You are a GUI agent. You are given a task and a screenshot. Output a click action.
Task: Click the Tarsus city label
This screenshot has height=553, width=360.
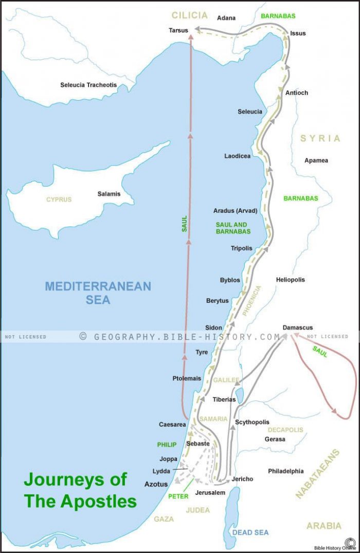[178, 31]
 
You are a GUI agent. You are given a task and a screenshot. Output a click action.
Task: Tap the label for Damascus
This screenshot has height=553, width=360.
[297, 327]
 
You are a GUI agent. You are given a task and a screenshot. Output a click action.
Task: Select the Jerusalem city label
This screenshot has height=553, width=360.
[210, 492]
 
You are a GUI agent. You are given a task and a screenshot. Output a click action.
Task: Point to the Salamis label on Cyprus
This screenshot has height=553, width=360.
[109, 194]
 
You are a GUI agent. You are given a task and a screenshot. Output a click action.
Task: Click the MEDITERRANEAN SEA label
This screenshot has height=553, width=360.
[98, 292]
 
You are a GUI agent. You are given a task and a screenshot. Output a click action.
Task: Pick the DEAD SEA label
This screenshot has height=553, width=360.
[250, 532]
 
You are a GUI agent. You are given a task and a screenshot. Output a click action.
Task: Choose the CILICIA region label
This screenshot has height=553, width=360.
[189, 15]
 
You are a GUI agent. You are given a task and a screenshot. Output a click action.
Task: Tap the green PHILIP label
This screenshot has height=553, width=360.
[167, 445]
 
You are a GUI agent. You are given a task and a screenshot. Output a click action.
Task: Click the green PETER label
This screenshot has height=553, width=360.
[178, 496]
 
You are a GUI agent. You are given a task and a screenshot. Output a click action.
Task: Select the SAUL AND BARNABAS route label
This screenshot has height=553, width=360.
[233, 228]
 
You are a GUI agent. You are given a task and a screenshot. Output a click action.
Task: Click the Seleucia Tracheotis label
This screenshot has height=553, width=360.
[88, 85]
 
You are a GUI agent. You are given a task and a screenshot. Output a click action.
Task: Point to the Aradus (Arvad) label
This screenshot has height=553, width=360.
[235, 211]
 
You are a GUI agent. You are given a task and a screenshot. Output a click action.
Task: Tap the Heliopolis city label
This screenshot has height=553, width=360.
[290, 280]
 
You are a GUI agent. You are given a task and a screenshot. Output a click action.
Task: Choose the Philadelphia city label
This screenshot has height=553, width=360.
[285, 471]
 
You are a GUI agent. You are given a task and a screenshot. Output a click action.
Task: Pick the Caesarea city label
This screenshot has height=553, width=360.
[172, 425]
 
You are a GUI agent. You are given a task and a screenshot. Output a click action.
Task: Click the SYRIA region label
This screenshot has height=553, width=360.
[320, 138]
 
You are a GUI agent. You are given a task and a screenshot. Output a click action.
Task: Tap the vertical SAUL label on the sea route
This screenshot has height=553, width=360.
[184, 223]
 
